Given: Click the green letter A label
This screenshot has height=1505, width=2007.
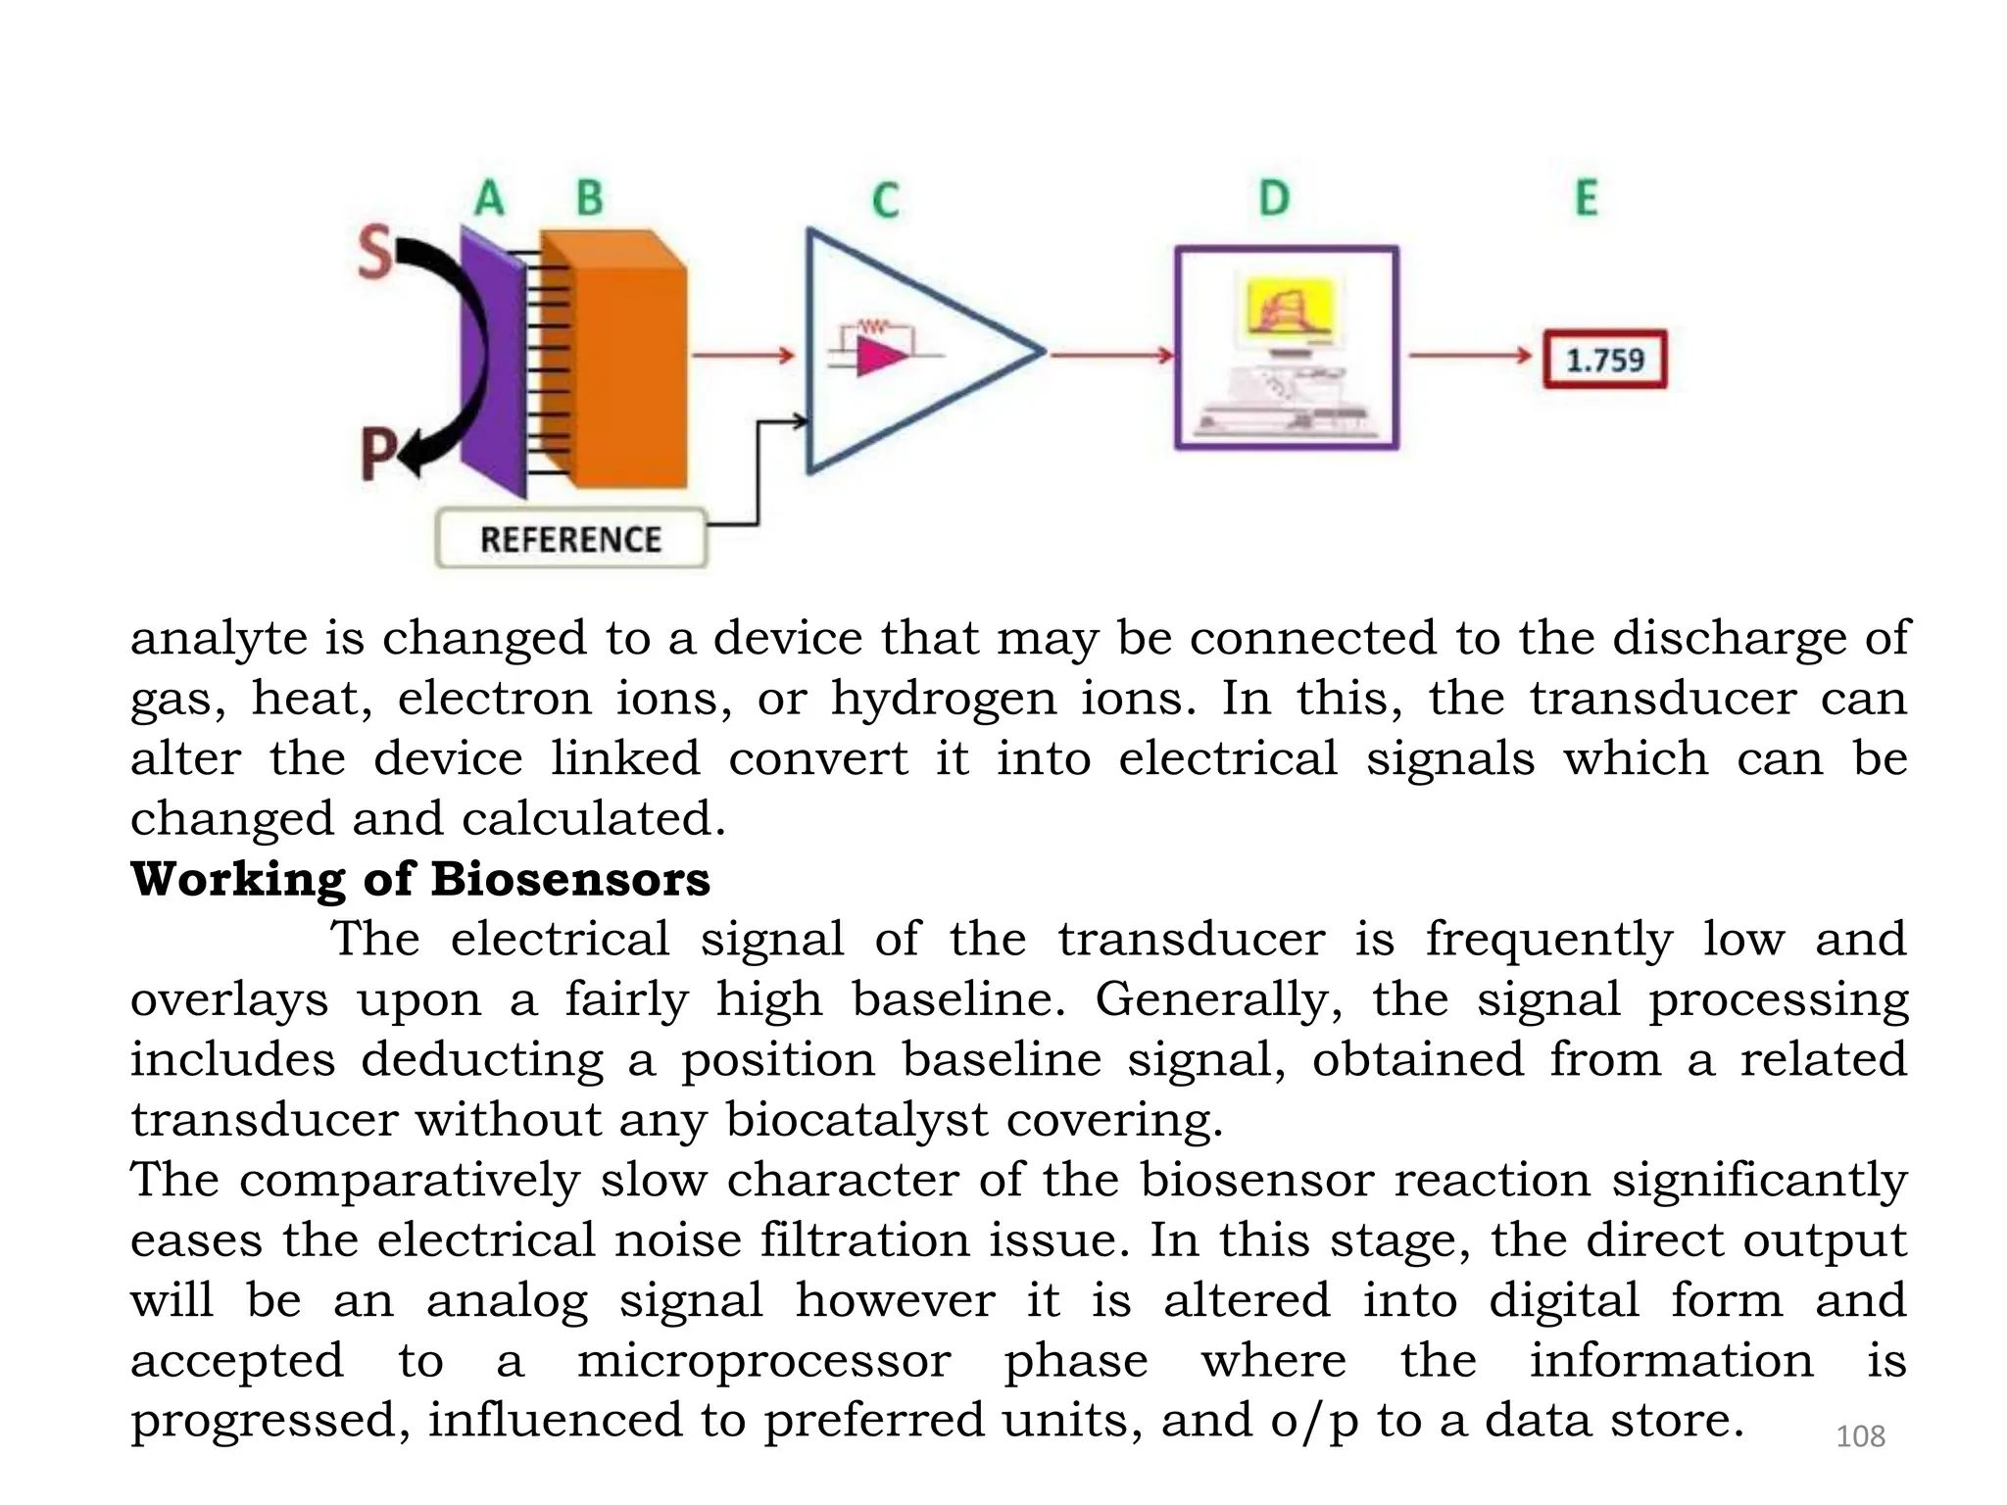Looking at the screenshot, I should coord(489,198).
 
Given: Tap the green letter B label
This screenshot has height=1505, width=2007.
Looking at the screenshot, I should coord(589,198).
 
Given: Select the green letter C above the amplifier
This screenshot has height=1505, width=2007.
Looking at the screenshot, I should coord(885,201).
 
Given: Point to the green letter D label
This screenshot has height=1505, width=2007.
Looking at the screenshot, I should coord(1274,199).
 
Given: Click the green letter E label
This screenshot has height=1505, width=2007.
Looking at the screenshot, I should coord(1586,198).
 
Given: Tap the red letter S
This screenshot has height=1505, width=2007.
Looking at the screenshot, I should coord(374,252).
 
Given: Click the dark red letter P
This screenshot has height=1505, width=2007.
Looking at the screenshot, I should coord(377,456).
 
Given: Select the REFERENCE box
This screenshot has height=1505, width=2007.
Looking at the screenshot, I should coord(571,539).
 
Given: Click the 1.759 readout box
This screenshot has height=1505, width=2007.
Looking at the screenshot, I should coord(1605,360).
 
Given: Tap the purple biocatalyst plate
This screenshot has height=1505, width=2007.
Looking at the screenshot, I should coord(493,363).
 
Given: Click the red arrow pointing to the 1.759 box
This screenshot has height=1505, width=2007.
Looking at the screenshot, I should coord(1470,355).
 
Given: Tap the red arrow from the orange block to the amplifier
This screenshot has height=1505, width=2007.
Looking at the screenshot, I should coord(743,355).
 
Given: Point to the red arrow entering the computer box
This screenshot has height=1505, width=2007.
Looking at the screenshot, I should coord(1111,355).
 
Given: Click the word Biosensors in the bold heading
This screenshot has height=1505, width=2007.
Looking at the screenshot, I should coord(569,879).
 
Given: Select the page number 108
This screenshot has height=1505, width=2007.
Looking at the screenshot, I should coord(1859,1436).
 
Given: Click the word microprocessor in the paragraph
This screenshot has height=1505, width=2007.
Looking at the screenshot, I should coord(763,1361).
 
